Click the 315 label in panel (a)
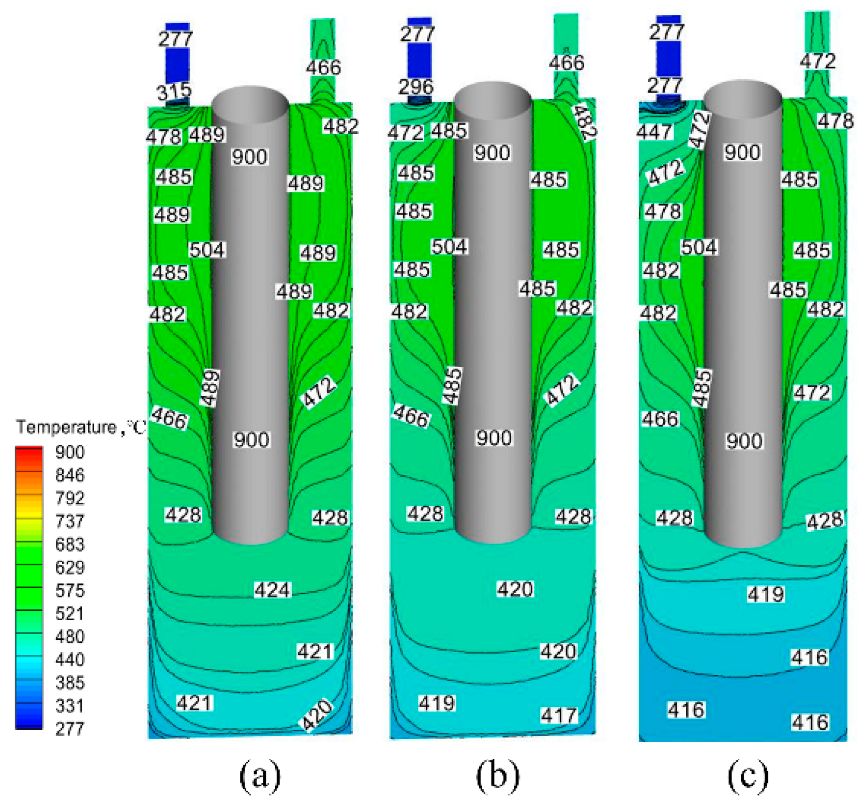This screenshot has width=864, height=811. [x=174, y=93]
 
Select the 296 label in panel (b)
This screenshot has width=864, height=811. [x=415, y=87]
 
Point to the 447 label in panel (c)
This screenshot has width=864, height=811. [x=654, y=132]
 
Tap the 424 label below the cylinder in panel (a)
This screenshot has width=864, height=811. [x=272, y=590]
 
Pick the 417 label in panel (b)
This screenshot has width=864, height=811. [x=559, y=716]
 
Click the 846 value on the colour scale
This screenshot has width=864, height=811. [x=70, y=475]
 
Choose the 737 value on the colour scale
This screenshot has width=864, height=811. [x=70, y=521]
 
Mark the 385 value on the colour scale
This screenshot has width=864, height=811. [x=70, y=683]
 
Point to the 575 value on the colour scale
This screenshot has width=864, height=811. [x=70, y=591]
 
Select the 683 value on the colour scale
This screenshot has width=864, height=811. [x=70, y=544]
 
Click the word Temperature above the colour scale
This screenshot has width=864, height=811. [x=66, y=427]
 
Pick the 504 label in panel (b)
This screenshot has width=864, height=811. [x=450, y=247]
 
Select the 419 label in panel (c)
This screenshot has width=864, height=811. [x=766, y=594]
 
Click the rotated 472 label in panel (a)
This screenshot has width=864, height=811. [x=319, y=393]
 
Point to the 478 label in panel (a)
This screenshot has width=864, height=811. [x=163, y=137]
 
